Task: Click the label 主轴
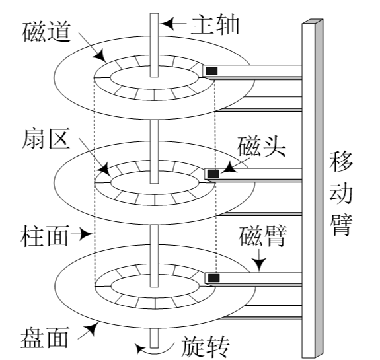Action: pos(215,24)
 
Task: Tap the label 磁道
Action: pos(46,32)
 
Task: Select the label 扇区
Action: pos(46,138)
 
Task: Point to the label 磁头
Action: pos(261,147)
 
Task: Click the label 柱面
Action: pos(44,236)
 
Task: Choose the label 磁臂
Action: pos(263,236)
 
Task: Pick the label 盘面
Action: pos(45,338)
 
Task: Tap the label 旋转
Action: pos(205,347)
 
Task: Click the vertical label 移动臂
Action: pos(340,193)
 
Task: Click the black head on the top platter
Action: pos(211,71)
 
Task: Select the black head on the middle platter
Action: pos(213,174)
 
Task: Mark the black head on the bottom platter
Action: pos(213,278)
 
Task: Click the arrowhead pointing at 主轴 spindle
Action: pos(167,24)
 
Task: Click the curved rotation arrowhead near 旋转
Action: pos(140,349)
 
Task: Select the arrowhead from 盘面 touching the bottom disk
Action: pos(93,328)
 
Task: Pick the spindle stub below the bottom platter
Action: pos(155,338)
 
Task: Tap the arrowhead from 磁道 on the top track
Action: pos(100,56)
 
